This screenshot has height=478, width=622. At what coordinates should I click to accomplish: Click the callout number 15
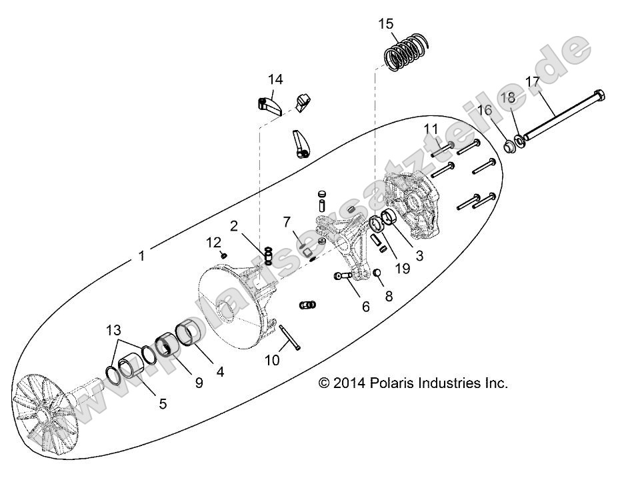tap(386, 24)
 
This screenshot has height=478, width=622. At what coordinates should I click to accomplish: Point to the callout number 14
tap(275, 79)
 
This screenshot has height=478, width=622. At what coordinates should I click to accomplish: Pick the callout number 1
tap(141, 255)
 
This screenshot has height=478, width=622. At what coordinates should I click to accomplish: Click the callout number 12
tap(213, 241)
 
